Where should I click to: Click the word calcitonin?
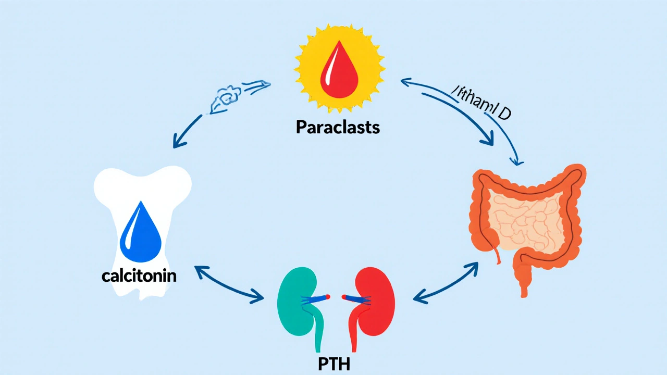(139, 276)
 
